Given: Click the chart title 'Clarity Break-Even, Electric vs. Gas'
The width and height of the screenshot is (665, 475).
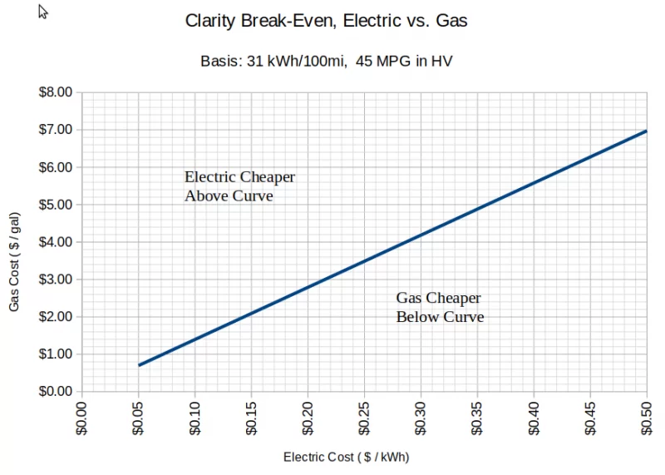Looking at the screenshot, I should (x=326, y=21).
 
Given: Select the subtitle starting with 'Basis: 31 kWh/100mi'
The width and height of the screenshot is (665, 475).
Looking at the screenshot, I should (x=327, y=61).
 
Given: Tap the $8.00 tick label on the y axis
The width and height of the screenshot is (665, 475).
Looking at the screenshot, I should (x=57, y=92).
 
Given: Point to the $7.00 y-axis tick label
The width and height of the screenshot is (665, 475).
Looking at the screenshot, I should (x=57, y=130).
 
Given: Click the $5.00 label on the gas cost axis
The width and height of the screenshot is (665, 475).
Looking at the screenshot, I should (x=57, y=205).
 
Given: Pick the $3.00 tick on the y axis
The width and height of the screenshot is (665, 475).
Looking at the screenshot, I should (x=57, y=280).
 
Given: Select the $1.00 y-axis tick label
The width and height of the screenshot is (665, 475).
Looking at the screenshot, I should (x=57, y=354).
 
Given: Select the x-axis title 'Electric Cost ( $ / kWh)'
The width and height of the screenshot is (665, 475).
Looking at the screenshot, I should (x=346, y=457).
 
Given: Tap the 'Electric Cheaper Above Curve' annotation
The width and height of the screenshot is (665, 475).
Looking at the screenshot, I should (x=239, y=187).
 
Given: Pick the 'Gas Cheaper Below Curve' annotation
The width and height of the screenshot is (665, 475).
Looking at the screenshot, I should (x=439, y=308).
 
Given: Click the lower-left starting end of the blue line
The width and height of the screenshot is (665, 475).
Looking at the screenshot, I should (x=140, y=364).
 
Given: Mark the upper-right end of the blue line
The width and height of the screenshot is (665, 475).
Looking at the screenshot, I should (x=645, y=131).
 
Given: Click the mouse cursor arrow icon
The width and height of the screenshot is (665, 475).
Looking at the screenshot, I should (x=43, y=12).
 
